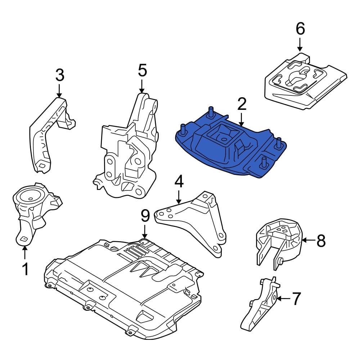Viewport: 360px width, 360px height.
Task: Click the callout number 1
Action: pos(25,269)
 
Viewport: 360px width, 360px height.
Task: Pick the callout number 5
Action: pos(142,70)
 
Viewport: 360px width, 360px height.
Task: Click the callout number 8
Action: pos(320,240)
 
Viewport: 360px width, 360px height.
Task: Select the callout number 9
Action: pos(145,216)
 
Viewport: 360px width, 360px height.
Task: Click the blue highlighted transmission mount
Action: pos(230,148)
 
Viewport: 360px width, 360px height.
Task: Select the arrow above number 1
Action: pos(25,252)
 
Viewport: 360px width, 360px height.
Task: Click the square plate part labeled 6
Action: pos(304,83)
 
